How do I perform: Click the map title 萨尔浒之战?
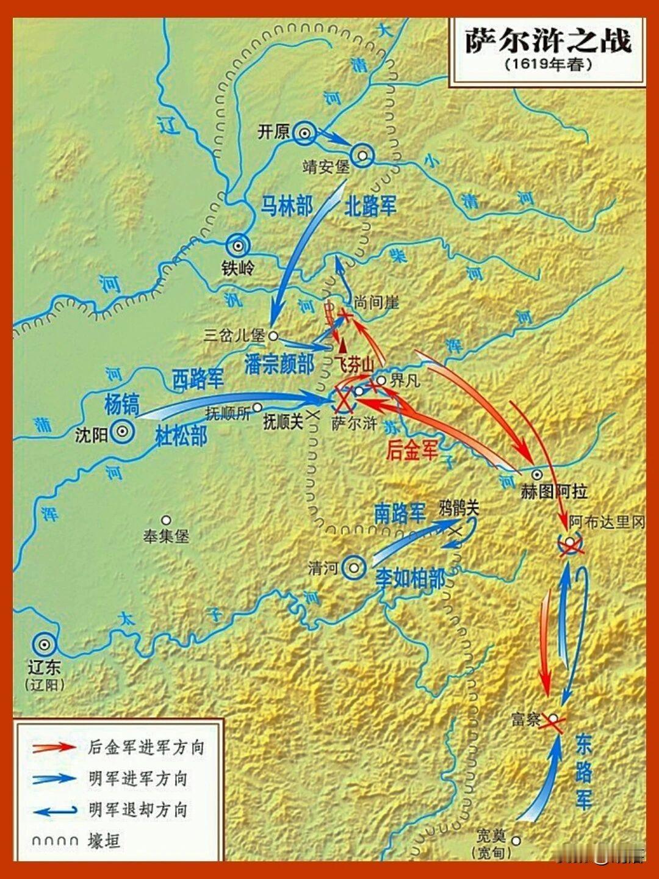(x=547, y=41)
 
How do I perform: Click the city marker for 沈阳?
(x=123, y=431)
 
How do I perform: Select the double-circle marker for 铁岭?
(x=237, y=246)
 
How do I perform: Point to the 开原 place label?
(x=273, y=132)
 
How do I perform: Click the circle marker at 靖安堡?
(x=362, y=156)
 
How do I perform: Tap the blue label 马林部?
(x=287, y=206)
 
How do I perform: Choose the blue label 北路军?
(x=370, y=206)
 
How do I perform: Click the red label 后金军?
(x=412, y=450)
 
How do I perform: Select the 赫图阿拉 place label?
(x=554, y=491)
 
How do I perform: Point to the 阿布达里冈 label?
(x=607, y=523)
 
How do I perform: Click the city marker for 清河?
(x=354, y=568)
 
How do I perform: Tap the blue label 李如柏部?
(x=410, y=577)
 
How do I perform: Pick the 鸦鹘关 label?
(x=459, y=508)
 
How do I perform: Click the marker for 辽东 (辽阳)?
(x=44, y=644)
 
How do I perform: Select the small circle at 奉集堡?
(x=166, y=520)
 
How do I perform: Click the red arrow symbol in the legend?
(x=54, y=747)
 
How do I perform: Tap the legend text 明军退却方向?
(x=138, y=810)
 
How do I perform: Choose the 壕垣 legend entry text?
(x=104, y=841)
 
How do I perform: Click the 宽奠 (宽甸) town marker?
(x=516, y=840)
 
